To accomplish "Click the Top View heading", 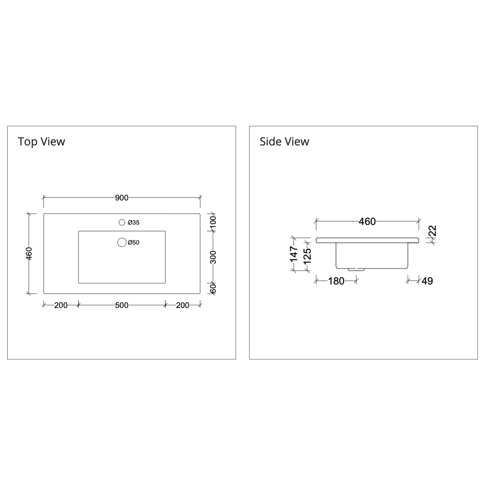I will (x=41, y=142).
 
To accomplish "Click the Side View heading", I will (x=284, y=142).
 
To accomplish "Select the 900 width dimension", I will (x=122, y=198).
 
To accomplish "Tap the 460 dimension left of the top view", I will (x=29, y=254).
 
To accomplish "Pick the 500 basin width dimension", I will (x=122, y=305).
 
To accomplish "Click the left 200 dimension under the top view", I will (x=61, y=305).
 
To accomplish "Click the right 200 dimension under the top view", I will (x=183, y=305).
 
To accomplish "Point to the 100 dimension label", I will (x=213, y=222).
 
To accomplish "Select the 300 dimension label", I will (x=213, y=257).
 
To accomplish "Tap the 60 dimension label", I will (x=213, y=288).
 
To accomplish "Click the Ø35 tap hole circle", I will (x=122, y=222).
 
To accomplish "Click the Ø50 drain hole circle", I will (x=122, y=242).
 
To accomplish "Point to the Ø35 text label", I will (x=134, y=222).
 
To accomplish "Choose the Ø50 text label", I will (x=134, y=242).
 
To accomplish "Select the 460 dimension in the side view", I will (x=367, y=221).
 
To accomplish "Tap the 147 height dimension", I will (x=294, y=254).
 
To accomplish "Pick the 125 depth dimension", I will (x=307, y=256).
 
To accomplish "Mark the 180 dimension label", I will (x=336, y=281).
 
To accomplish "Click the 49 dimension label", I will (x=427, y=281).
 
